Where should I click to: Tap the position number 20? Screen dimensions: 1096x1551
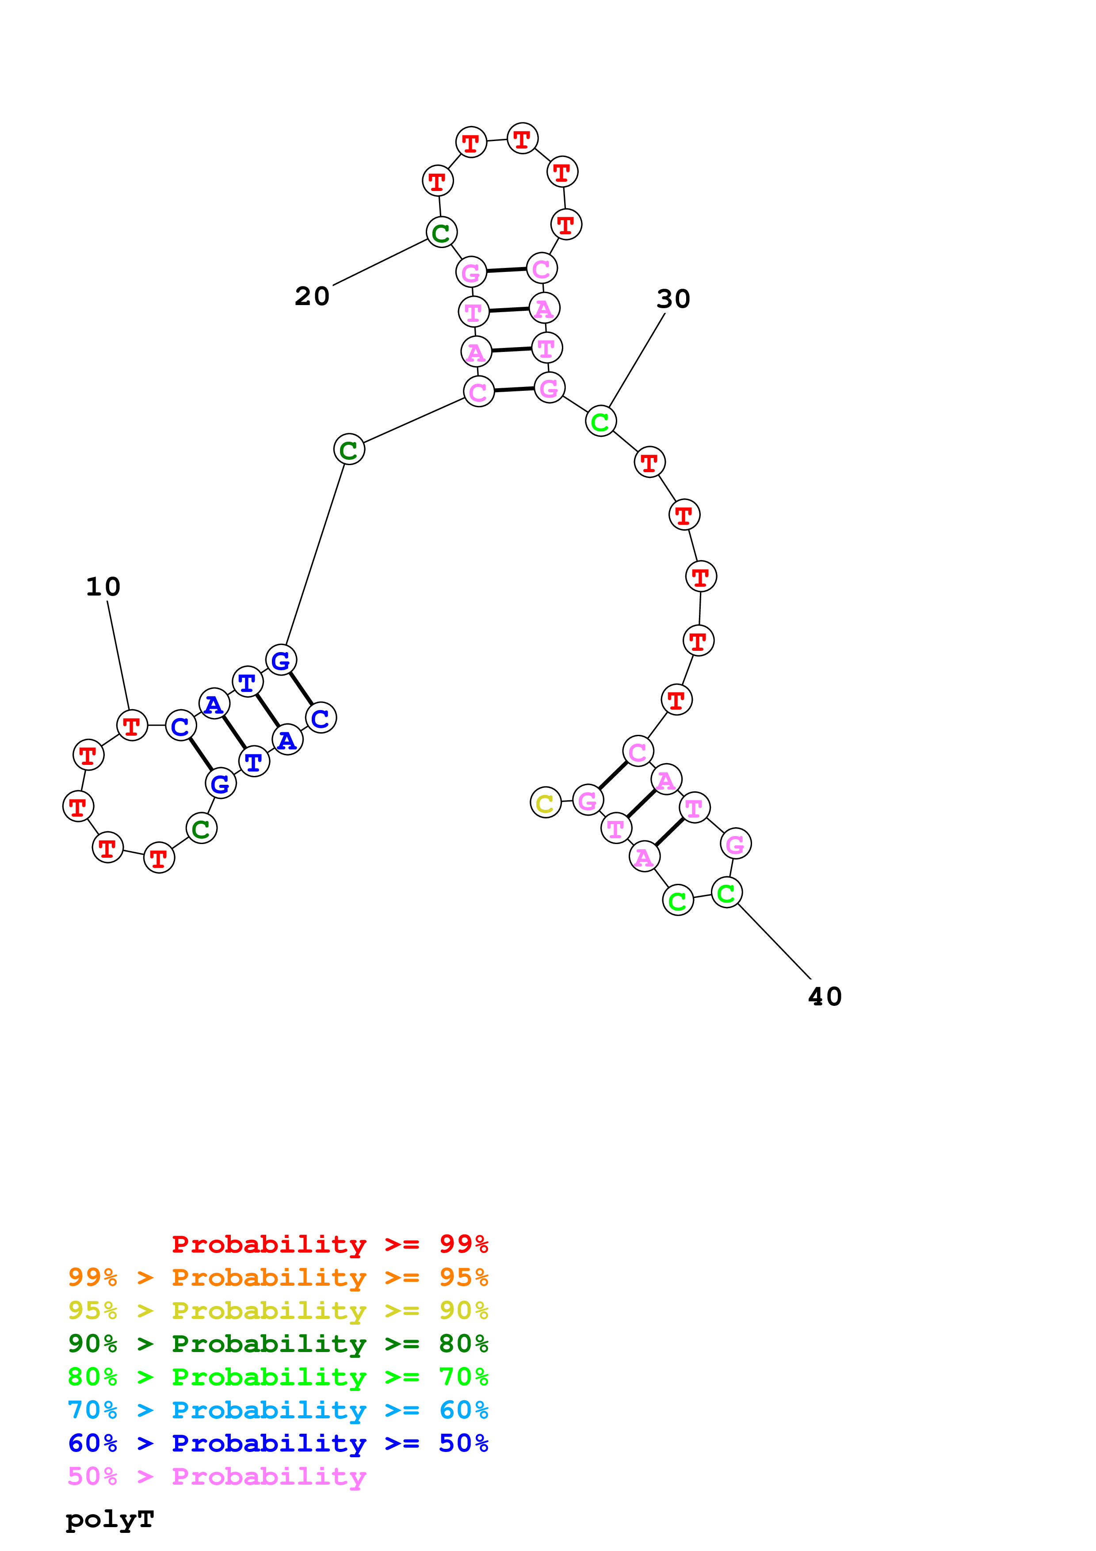coord(312,296)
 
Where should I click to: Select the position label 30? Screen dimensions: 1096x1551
coord(673,298)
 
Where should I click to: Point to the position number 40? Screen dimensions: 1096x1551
coord(825,997)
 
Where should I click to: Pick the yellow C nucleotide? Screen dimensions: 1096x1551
coord(546,802)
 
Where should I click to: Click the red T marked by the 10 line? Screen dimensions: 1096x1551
coord(132,726)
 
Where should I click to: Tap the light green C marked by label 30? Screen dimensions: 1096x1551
coord(600,421)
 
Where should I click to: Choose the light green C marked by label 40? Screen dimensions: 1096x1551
coord(727,893)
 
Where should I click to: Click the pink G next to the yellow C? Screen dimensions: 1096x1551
coord(588,801)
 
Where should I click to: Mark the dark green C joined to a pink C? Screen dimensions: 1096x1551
coord(348,449)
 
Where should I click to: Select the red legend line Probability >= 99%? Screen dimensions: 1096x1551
coord(329,1244)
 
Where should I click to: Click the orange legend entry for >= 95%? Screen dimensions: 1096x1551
coord(278,1277)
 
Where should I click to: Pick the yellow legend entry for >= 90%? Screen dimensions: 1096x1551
coord(278,1310)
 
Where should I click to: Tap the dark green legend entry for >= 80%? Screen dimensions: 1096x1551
coord(278,1344)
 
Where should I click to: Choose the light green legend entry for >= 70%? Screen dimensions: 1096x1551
coord(278,1377)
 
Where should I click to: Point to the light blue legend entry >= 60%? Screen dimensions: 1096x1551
coord(278,1410)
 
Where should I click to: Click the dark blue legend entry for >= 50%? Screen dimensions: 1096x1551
coord(278,1443)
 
